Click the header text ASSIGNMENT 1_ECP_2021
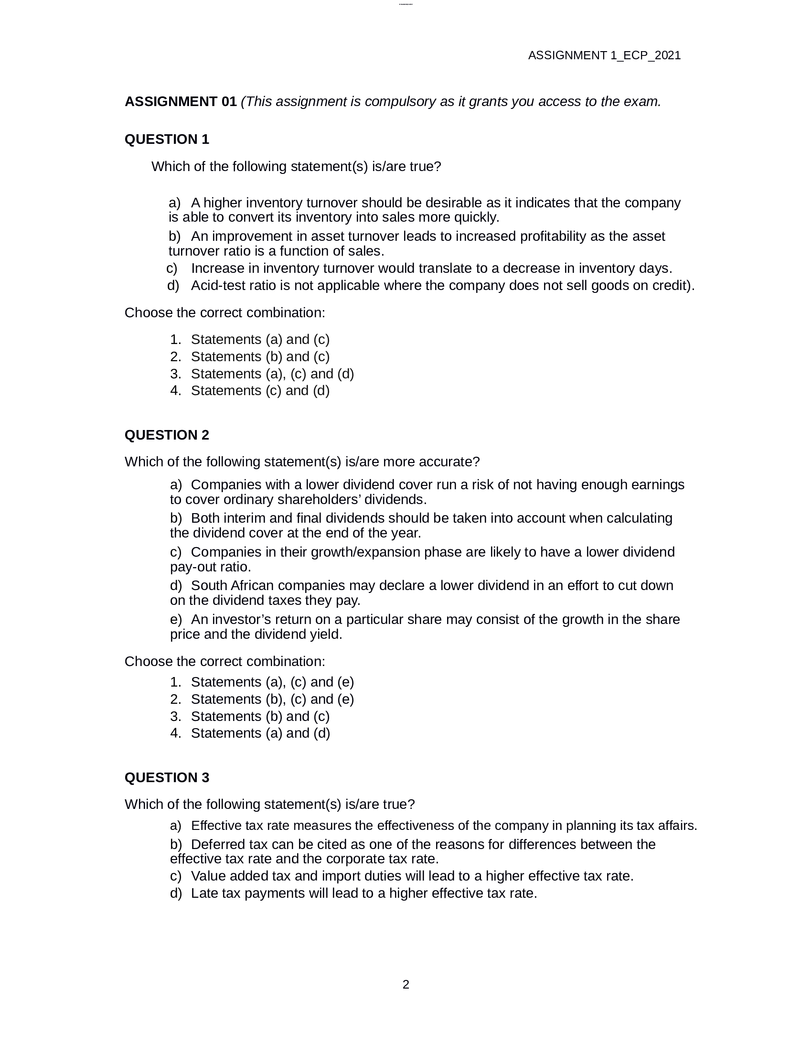[x=604, y=55]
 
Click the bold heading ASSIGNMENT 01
[x=181, y=102]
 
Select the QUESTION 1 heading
[x=166, y=140]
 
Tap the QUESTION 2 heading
[x=166, y=435]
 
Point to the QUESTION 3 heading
[x=166, y=777]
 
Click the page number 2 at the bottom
[x=406, y=985]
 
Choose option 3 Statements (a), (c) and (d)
[x=272, y=374]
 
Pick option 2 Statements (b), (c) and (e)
[x=272, y=699]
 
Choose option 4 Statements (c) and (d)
[x=260, y=390]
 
